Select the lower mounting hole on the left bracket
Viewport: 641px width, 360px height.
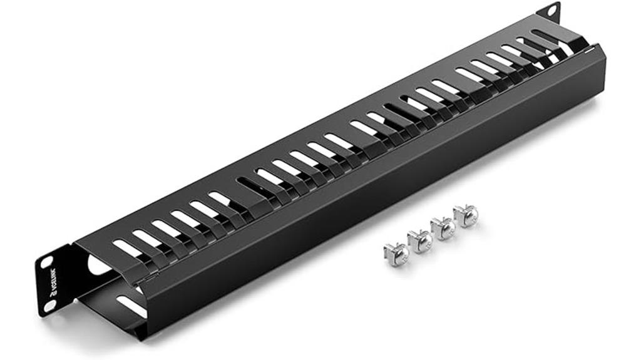pyautogui.click(x=49, y=306)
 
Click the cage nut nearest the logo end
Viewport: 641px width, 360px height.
pyautogui.click(x=396, y=252)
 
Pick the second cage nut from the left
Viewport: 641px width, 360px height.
pyautogui.click(x=419, y=239)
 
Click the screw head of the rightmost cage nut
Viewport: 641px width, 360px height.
pyautogui.click(x=466, y=213)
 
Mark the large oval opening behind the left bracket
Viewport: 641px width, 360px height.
pyautogui.click(x=98, y=265)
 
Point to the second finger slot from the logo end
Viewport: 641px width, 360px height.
pyautogui.click(x=148, y=239)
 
